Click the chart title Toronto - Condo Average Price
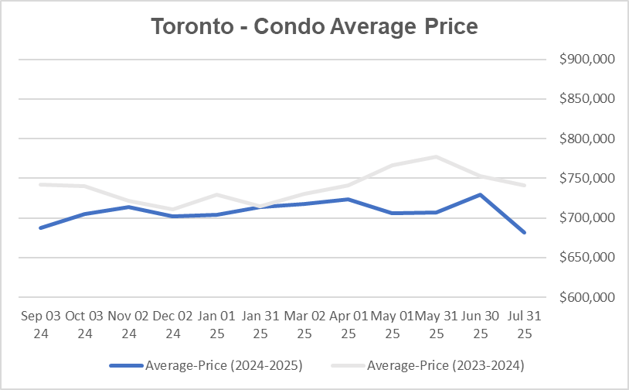(314, 26)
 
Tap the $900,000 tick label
(585, 60)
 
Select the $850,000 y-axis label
(585, 99)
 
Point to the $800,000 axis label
(585, 139)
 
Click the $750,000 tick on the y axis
(585, 178)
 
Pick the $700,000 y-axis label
(585, 217)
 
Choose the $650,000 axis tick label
(585, 258)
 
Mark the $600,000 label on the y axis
(585, 297)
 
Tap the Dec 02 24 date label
(172, 324)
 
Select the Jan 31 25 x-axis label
(260, 324)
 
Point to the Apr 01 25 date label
(348, 324)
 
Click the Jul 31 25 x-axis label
(525, 324)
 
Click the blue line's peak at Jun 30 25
(481, 195)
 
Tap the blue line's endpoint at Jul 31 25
(525, 232)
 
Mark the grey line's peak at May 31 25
(437, 157)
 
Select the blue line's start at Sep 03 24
(40, 227)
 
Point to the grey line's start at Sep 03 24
(40, 184)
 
